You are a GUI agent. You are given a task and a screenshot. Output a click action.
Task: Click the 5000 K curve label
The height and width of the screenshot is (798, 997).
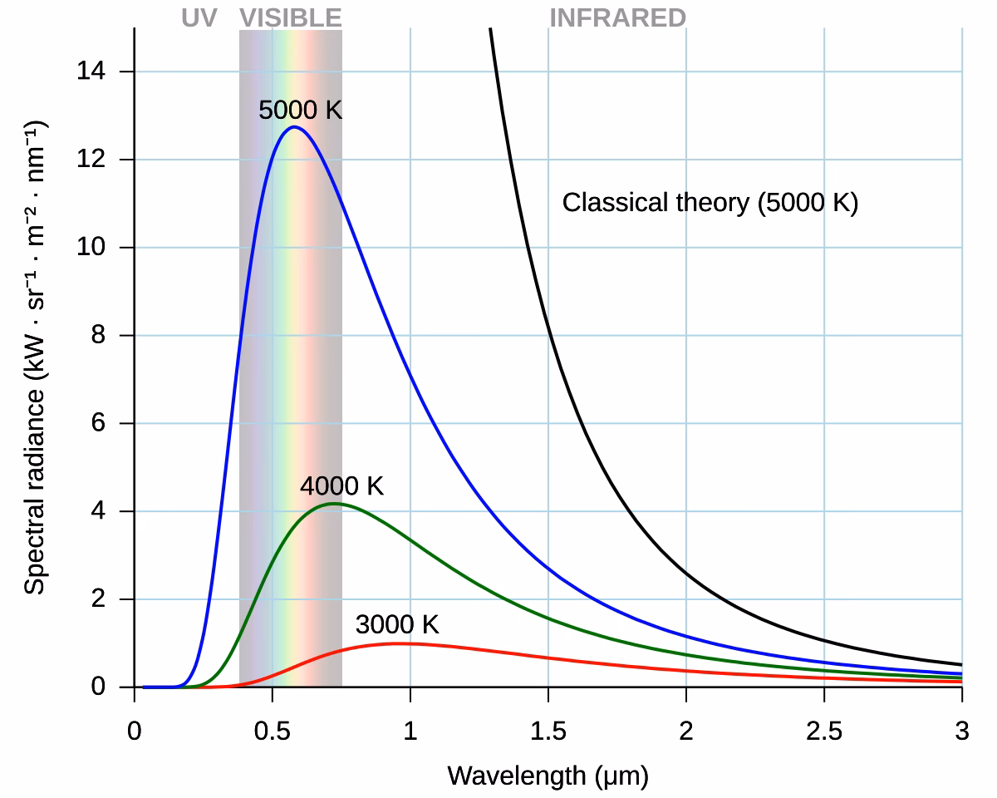[x=300, y=110]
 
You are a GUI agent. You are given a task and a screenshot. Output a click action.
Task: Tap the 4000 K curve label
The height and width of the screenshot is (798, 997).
[x=341, y=486]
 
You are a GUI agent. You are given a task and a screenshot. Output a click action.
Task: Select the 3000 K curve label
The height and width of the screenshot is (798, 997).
[x=396, y=624]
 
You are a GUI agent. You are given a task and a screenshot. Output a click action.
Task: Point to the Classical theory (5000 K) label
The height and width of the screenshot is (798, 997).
[x=710, y=203]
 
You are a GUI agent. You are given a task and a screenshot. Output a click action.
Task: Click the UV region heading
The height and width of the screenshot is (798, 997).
[x=199, y=17]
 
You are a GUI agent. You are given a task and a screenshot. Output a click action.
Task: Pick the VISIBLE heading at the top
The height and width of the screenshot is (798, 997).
[x=290, y=17]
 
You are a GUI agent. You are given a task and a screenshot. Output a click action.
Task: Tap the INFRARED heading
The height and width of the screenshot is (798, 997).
[x=617, y=17]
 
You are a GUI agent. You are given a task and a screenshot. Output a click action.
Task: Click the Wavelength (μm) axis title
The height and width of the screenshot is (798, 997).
[x=548, y=776]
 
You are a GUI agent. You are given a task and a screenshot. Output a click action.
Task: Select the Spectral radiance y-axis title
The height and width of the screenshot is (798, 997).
[x=34, y=357]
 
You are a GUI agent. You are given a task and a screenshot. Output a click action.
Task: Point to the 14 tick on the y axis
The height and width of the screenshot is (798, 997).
[x=92, y=71]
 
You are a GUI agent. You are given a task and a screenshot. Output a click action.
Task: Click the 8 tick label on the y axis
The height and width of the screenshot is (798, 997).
[x=100, y=336]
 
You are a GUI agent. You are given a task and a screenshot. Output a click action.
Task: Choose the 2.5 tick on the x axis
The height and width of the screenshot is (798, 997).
[x=823, y=732]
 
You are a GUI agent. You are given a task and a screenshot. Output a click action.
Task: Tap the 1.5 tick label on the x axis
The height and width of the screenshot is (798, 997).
[x=548, y=732]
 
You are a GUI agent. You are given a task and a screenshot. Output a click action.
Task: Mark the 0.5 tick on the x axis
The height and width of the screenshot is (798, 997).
[x=272, y=732]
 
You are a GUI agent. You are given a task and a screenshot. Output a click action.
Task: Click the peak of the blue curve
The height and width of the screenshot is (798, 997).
[x=293, y=127]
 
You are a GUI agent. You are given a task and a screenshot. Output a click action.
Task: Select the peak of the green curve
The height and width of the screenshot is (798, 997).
[x=333, y=503]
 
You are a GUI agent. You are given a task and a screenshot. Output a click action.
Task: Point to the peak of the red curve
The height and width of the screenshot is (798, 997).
[x=400, y=643]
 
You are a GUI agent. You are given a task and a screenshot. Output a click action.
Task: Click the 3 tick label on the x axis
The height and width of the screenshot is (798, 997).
[x=961, y=732]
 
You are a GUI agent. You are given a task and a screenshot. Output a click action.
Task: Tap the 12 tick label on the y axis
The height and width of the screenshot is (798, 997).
[x=92, y=160]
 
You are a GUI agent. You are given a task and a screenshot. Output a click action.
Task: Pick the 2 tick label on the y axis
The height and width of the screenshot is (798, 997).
[x=100, y=599]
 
